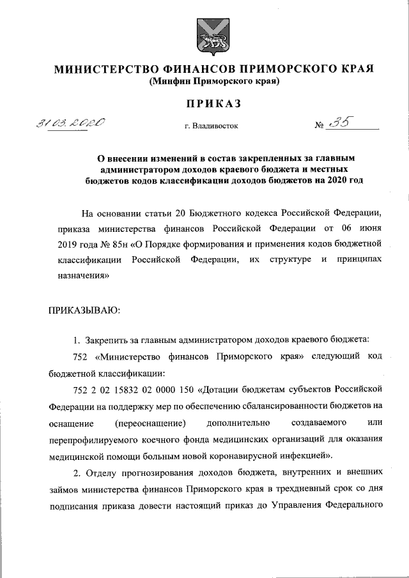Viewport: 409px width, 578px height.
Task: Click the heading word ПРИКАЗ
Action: click(x=214, y=103)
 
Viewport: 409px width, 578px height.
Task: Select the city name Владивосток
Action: click(x=214, y=126)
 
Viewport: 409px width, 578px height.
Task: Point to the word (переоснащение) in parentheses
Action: click(x=151, y=423)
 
